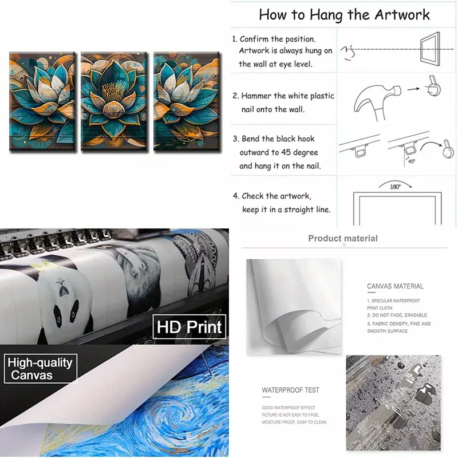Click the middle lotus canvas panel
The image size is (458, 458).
(x=113, y=101)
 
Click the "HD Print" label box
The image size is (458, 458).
(x=189, y=326)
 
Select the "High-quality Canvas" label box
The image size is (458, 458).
(x=40, y=369)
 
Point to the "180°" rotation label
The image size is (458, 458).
(x=395, y=187)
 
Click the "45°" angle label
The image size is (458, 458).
(x=412, y=161)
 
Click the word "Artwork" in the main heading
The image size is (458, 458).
(x=402, y=15)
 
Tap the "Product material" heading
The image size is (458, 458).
(x=343, y=238)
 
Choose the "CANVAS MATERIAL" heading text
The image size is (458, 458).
(x=395, y=286)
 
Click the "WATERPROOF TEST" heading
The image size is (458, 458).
(x=290, y=390)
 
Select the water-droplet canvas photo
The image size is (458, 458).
(x=393, y=403)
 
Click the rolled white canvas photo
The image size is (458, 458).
(x=294, y=307)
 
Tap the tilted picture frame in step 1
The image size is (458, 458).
(x=431, y=49)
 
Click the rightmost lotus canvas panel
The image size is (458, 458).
(x=187, y=101)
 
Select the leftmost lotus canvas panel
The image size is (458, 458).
(x=42, y=101)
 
